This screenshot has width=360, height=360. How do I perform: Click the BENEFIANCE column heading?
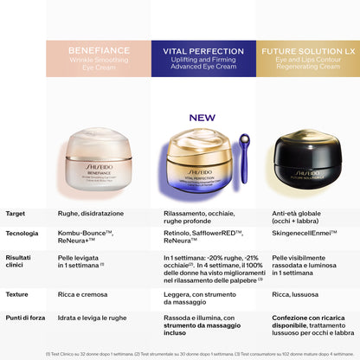click(x=98, y=50)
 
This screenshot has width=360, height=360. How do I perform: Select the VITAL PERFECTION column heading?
click(x=202, y=50)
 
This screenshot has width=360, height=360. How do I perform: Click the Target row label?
click(x=16, y=213)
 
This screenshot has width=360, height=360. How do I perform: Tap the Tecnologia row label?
click(x=22, y=234)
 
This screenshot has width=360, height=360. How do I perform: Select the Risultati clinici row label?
click(x=18, y=262)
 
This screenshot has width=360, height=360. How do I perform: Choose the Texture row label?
click(x=17, y=294)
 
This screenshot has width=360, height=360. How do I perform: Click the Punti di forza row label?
click(x=24, y=317)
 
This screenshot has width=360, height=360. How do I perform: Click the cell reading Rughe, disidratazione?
click(x=91, y=213)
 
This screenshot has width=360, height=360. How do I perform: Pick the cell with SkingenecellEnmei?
click(x=305, y=234)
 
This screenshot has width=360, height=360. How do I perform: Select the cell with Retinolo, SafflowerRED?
click(x=202, y=238)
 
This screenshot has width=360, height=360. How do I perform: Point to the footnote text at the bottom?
click(x=180, y=353)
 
